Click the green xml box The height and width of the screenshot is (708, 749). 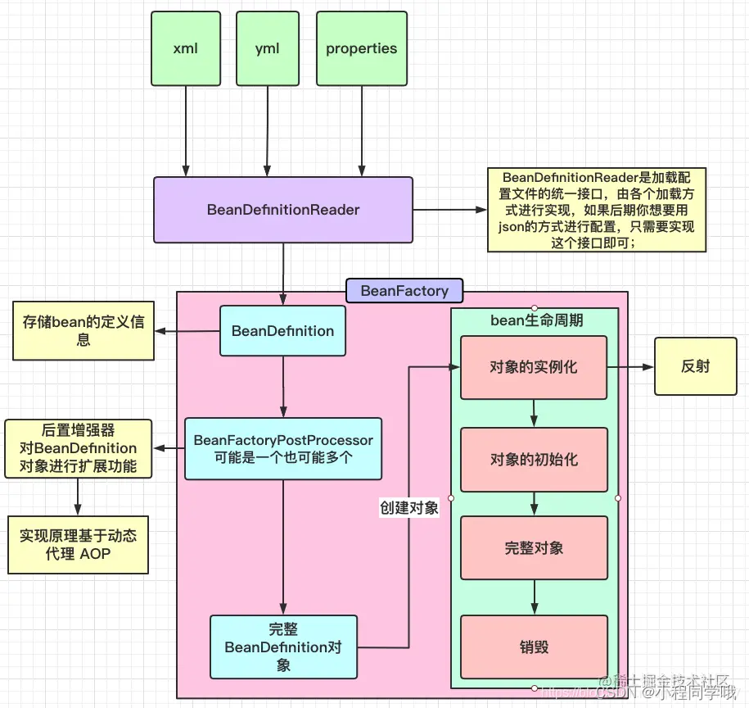(186, 48)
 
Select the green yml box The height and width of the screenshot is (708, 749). (267, 48)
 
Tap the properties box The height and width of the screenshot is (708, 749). (361, 48)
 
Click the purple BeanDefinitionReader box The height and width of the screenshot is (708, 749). (283, 210)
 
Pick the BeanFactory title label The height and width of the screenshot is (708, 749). (404, 291)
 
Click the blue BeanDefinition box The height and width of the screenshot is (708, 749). (282, 331)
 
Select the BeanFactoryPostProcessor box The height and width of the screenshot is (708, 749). (283, 449)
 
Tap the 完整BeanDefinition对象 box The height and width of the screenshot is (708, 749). (283, 647)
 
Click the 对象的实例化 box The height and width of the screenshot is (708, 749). (534, 367)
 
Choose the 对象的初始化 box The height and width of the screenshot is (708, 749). (534, 459)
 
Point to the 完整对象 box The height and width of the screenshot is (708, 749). (534, 547)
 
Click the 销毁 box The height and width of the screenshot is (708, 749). (534, 647)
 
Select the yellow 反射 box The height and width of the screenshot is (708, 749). (695, 367)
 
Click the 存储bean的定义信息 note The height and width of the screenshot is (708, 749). (83, 331)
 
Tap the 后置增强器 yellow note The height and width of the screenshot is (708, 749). (79, 448)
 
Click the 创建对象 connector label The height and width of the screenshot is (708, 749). (408, 507)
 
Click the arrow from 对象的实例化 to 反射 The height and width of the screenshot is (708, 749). (630, 367)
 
